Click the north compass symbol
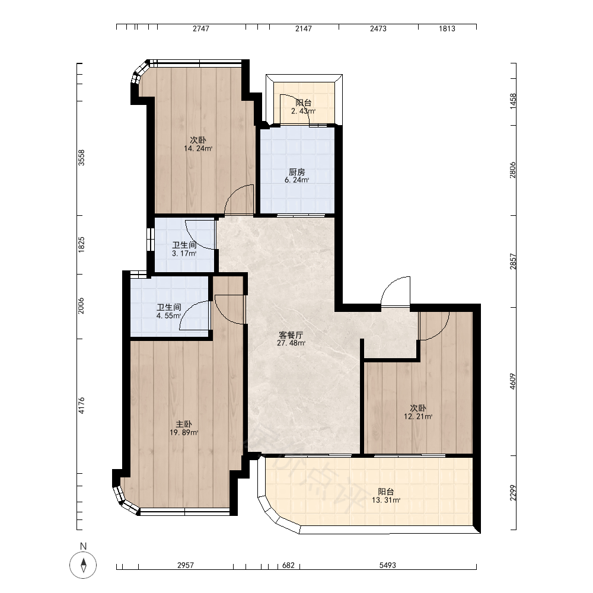click(83, 565)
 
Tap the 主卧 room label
click(184, 425)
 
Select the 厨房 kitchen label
click(297, 172)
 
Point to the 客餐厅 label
click(291, 335)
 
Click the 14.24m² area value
click(198, 149)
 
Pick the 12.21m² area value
click(418, 417)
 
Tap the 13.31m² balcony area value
click(386, 500)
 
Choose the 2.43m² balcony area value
click(303, 111)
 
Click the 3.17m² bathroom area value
click(184, 254)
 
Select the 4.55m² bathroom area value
click(168, 316)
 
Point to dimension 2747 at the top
click(201, 28)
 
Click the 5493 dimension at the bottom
click(388, 565)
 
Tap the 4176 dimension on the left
click(81, 406)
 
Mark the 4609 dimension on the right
click(512, 381)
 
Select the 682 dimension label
click(289, 565)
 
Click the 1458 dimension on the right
click(513, 101)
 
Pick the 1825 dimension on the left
click(81, 245)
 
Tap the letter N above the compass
click(83, 546)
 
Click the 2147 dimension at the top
click(304, 28)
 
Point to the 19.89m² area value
click(184, 433)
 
